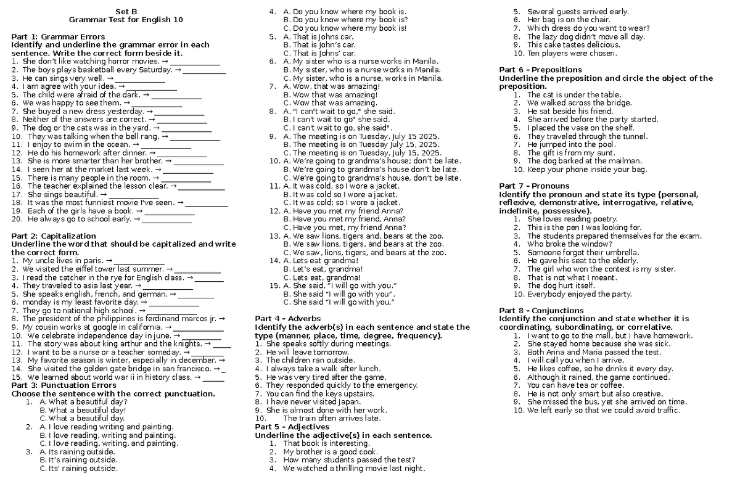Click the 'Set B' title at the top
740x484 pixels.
tap(126, 11)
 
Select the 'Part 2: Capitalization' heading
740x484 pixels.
tap(54, 236)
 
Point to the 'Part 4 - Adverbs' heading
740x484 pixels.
tap(288, 319)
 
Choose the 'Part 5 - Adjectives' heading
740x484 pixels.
tap(292, 427)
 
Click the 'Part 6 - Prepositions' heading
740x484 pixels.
tap(540, 70)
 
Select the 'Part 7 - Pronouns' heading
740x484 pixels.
tap(534, 186)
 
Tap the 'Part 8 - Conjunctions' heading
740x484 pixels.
tap(541, 310)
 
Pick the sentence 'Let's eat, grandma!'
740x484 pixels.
tap(324, 269)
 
